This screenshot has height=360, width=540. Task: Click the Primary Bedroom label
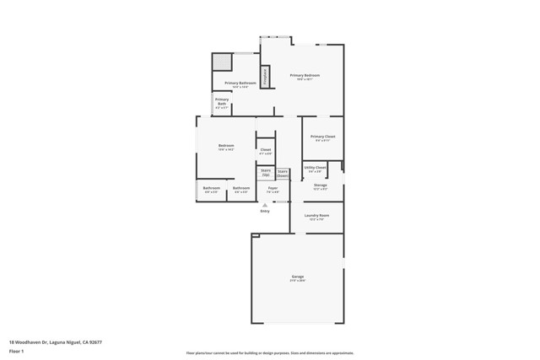[x=305, y=75]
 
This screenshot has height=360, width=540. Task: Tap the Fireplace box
[x=265, y=77]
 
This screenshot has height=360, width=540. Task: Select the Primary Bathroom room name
[x=240, y=83]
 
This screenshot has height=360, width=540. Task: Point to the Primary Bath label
[x=221, y=101]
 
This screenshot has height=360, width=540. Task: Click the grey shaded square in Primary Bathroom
[x=222, y=62]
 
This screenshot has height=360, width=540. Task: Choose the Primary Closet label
[x=322, y=136]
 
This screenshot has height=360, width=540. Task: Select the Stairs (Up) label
[x=266, y=172]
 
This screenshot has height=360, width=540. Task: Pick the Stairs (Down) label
[x=283, y=173]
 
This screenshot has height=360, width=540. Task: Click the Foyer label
[x=273, y=188]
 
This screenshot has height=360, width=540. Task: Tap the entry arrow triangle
[x=265, y=205]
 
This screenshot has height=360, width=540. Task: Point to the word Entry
[x=265, y=211]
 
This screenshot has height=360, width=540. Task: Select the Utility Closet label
[x=315, y=167]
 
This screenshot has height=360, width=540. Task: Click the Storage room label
[x=321, y=185]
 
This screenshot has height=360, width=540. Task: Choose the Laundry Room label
[x=317, y=215]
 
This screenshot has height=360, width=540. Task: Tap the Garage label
[x=298, y=276]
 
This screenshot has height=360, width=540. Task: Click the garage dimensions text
[x=298, y=280]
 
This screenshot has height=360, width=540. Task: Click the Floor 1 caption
[x=17, y=351]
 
